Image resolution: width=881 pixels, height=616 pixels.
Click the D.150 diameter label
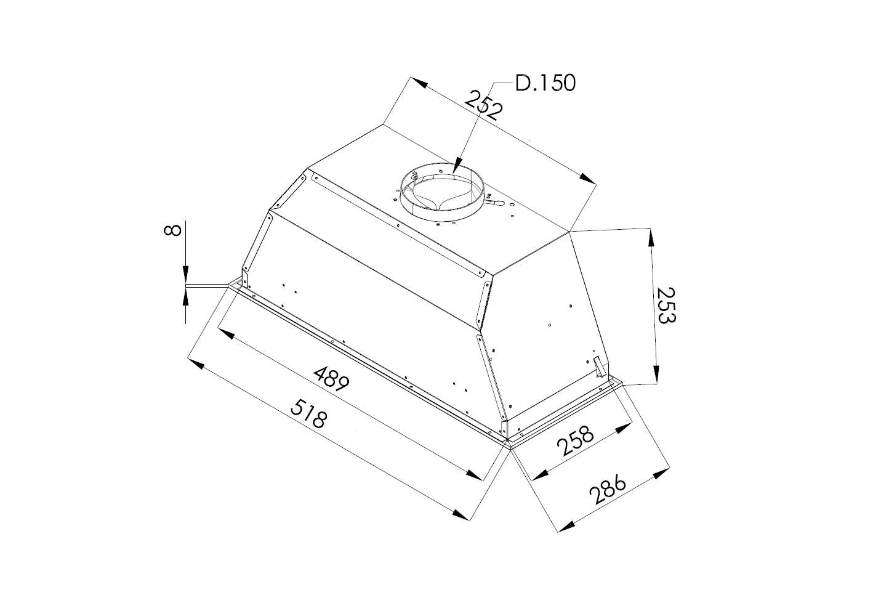click(x=545, y=83)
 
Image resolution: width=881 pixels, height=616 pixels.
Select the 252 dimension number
click(x=484, y=104)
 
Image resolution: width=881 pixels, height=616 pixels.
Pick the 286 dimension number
click(x=607, y=490)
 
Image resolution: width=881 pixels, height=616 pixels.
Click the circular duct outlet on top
click(x=441, y=192)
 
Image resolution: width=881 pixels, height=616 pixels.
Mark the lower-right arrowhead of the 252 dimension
click(x=588, y=178)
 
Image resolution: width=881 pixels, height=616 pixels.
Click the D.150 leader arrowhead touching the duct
click(x=455, y=167)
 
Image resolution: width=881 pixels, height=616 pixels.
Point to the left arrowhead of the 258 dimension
click(x=539, y=474)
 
